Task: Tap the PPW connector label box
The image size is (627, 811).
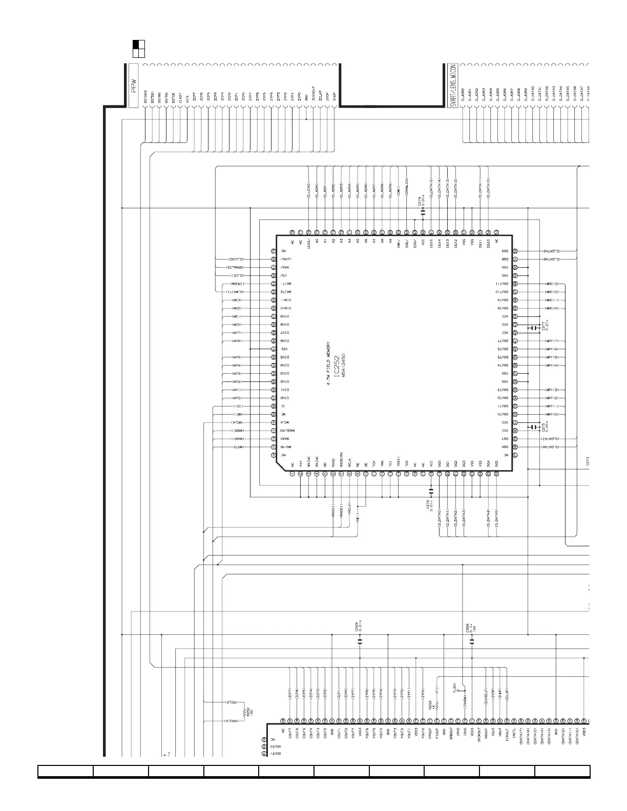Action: pyautogui.click(x=134, y=86)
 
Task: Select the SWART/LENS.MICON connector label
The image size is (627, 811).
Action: pyautogui.click(x=453, y=86)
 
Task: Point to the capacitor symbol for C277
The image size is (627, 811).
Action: pyautogui.click(x=533, y=328)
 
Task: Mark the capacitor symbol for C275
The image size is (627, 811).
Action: pyautogui.click(x=533, y=426)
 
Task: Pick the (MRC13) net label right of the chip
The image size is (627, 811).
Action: pyautogui.click(x=551, y=284)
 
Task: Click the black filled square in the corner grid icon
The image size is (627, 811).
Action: pyautogui.click(x=136, y=45)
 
